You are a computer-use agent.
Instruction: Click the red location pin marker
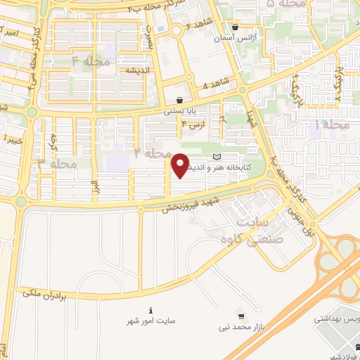(x=181, y=165)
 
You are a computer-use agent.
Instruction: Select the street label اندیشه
(x=135, y=71)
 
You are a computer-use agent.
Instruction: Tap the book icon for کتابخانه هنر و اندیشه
(x=217, y=155)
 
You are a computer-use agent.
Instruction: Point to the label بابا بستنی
(x=178, y=111)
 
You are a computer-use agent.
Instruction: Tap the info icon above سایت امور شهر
(x=150, y=309)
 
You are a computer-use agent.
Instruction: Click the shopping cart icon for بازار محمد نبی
(x=241, y=316)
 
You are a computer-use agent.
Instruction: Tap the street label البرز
(x=92, y=188)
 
